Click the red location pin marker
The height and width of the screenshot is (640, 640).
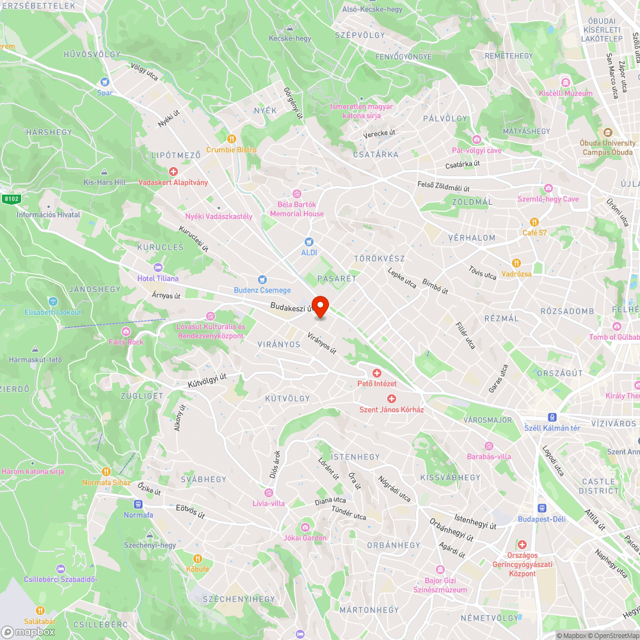pyautogui.click(x=320, y=307)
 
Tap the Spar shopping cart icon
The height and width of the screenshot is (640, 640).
pyautogui.click(x=105, y=82)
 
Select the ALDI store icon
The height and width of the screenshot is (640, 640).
pyautogui.click(x=309, y=242)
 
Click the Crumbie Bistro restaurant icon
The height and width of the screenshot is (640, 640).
pyautogui.click(x=232, y=138)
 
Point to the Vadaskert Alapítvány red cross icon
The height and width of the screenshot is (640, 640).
pyautogui.click(x=173, y=172)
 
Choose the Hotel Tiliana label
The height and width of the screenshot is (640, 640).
pyautogui.click(x=158, y=278)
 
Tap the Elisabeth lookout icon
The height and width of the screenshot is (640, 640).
pyautogui.click(x=53, y=301)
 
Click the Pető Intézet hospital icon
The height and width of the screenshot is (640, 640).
pyautogui.click(x=377, y=372)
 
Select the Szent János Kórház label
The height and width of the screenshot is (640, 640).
pyautogui.click(x=391, y=409)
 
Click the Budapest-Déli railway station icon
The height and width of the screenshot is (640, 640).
pyautogui.click(x=541, y=508)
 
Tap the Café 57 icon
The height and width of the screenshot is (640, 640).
pyautogui.click(x=534, y=221)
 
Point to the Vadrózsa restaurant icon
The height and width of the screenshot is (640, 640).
pyautogui.click(x=516, y=263)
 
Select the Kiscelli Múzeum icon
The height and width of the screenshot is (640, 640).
pyautogui.click(x=565, y=82)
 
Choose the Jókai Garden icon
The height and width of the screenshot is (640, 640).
pyautogui.click(x=306, y=527)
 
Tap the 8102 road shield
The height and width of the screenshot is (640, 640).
pyautogui.click(x=11, y=198)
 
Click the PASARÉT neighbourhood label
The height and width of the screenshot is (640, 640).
pyautogui.click(x=336, y=279)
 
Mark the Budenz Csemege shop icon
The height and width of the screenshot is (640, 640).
pyautogui.click(x=262, y=280)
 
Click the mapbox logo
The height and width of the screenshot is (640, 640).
pyautogui.click(x=28, y=632)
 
